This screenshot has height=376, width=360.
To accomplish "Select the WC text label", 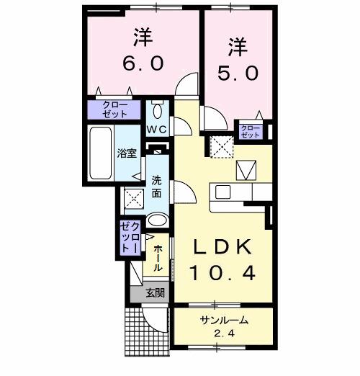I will coord(158,129).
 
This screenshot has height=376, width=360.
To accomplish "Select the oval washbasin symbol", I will coord(158,220).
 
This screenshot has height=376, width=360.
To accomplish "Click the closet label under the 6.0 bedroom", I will coord(115,109).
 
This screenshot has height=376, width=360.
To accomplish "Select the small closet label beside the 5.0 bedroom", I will coord(250,130).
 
